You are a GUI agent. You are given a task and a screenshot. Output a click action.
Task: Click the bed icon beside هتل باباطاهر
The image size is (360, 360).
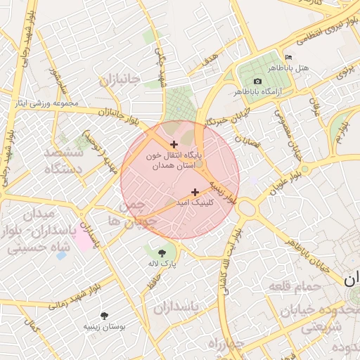click(x=288, y=57)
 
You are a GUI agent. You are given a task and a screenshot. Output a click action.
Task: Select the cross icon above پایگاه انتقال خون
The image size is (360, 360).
click(x=174, y=144)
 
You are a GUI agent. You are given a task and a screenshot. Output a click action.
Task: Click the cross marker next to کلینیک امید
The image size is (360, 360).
click(x=195, y=192)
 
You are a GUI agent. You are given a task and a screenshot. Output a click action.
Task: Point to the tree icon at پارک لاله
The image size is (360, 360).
click(x=162, y=251)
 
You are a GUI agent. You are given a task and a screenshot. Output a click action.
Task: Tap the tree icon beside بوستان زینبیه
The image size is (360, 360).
click(x=105, y=316)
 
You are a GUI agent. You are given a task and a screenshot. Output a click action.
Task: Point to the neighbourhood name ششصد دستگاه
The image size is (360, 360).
click(x=63, y=161)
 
